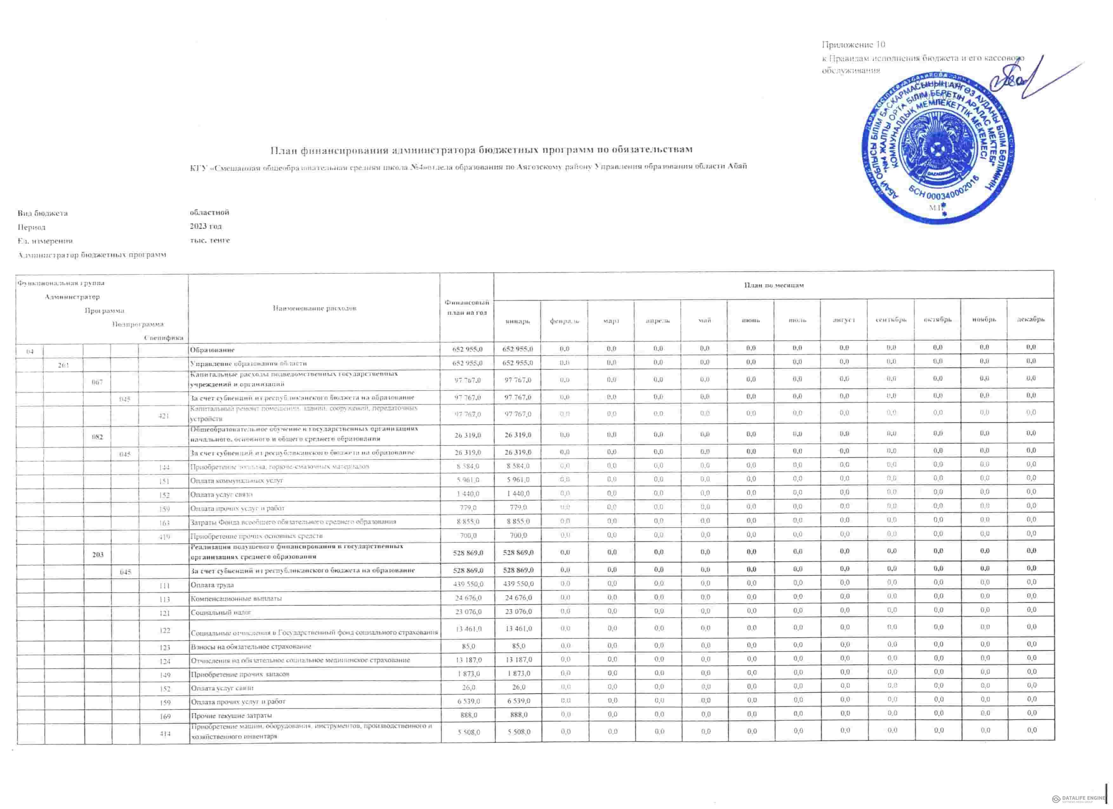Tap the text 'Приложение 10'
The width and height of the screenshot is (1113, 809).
tap(853, 45)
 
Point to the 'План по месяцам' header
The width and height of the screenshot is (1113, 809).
tap(774, 285)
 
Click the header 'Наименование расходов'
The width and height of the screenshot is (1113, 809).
tap(314, 308)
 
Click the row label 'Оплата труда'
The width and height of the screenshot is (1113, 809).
tap(212, 585)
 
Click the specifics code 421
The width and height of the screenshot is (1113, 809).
tap(164, 416)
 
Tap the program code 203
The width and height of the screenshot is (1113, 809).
tap(98, 554)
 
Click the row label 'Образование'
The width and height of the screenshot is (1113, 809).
tap(212, 350)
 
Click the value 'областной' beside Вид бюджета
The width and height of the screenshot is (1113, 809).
tap(209, 213)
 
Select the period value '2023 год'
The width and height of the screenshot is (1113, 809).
tap(206, 226)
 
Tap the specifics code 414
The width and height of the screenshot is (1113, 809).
tap(165, 733)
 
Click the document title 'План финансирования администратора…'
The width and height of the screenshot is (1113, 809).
tap(482, 149)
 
